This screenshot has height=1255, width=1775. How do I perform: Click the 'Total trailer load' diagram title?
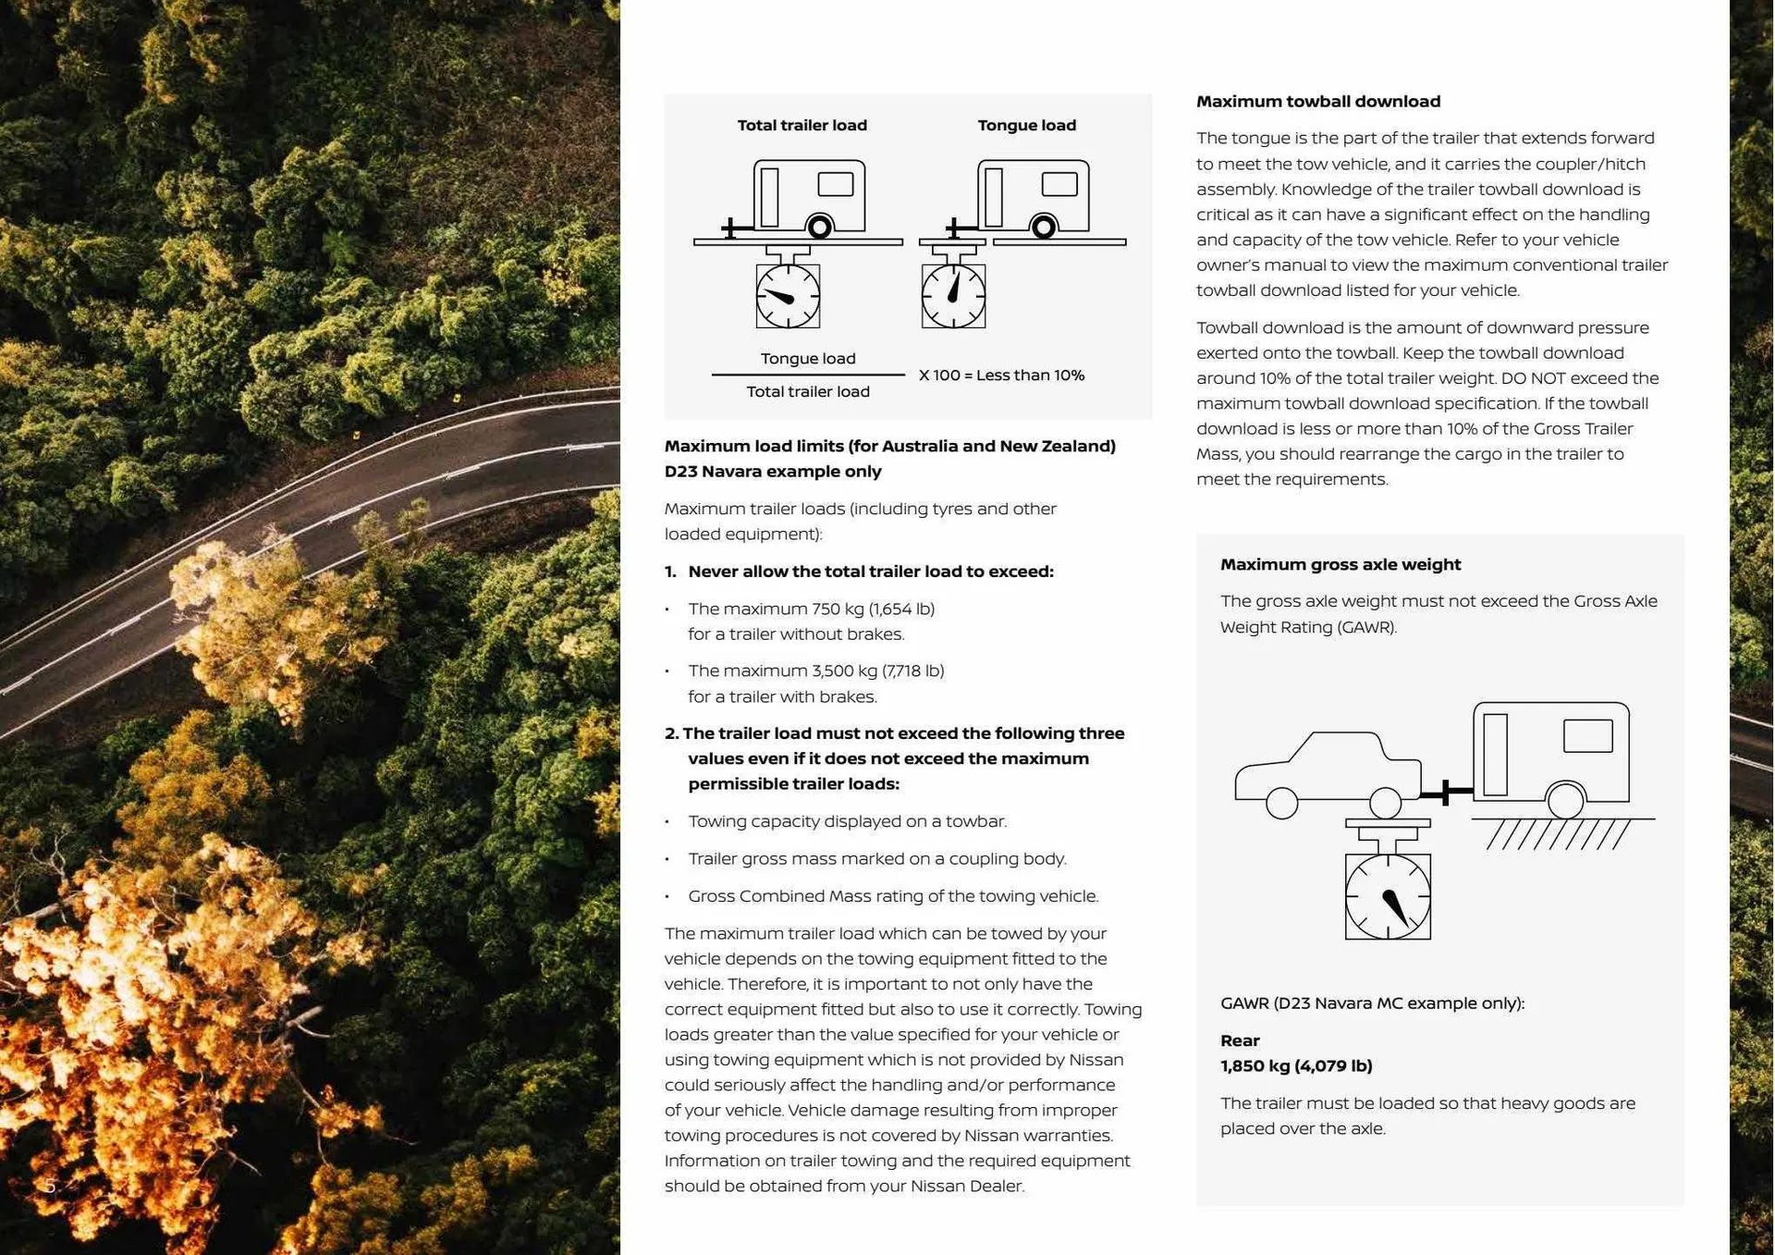coord(802,125)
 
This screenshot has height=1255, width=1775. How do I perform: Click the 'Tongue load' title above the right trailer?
coord(1026,125)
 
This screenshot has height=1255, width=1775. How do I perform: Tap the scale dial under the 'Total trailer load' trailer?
coord(788,296)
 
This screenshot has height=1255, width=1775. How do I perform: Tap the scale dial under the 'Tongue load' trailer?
coord(953,296)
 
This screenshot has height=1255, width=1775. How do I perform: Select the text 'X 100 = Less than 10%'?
coord(1001,375)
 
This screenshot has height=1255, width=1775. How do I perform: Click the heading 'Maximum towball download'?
coord(1317,101)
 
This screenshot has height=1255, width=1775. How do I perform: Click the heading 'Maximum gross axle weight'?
coord(1340,564)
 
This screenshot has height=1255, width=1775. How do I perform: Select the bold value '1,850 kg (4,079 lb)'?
coord(1295,1065)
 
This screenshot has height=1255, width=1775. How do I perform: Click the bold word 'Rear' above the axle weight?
coord(1239,1040)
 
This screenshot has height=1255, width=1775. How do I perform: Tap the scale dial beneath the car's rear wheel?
coord(1388,896)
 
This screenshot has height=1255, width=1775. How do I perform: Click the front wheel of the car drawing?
coord(1281,803)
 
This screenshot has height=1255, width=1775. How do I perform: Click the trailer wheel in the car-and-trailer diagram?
coord(1565,800)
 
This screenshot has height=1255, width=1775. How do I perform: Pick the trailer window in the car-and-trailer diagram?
coord(1587,736)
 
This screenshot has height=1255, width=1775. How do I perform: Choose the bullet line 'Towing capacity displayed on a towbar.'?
coord(847,821)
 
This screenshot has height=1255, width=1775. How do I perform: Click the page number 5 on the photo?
coord(50,1186)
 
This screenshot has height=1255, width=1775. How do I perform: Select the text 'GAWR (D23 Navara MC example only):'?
coord(1372,1003)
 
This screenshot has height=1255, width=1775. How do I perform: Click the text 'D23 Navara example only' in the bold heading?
coord(773,472)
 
